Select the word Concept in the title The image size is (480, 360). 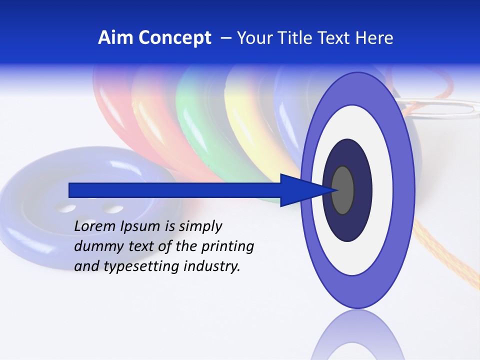(x=175, y=38)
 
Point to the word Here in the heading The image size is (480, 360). (x=374, y=38)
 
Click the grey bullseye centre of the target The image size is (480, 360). (x=343, y=190)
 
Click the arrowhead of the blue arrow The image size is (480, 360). (x=305, y=190)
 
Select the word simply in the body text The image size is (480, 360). (x=200, y=226)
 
